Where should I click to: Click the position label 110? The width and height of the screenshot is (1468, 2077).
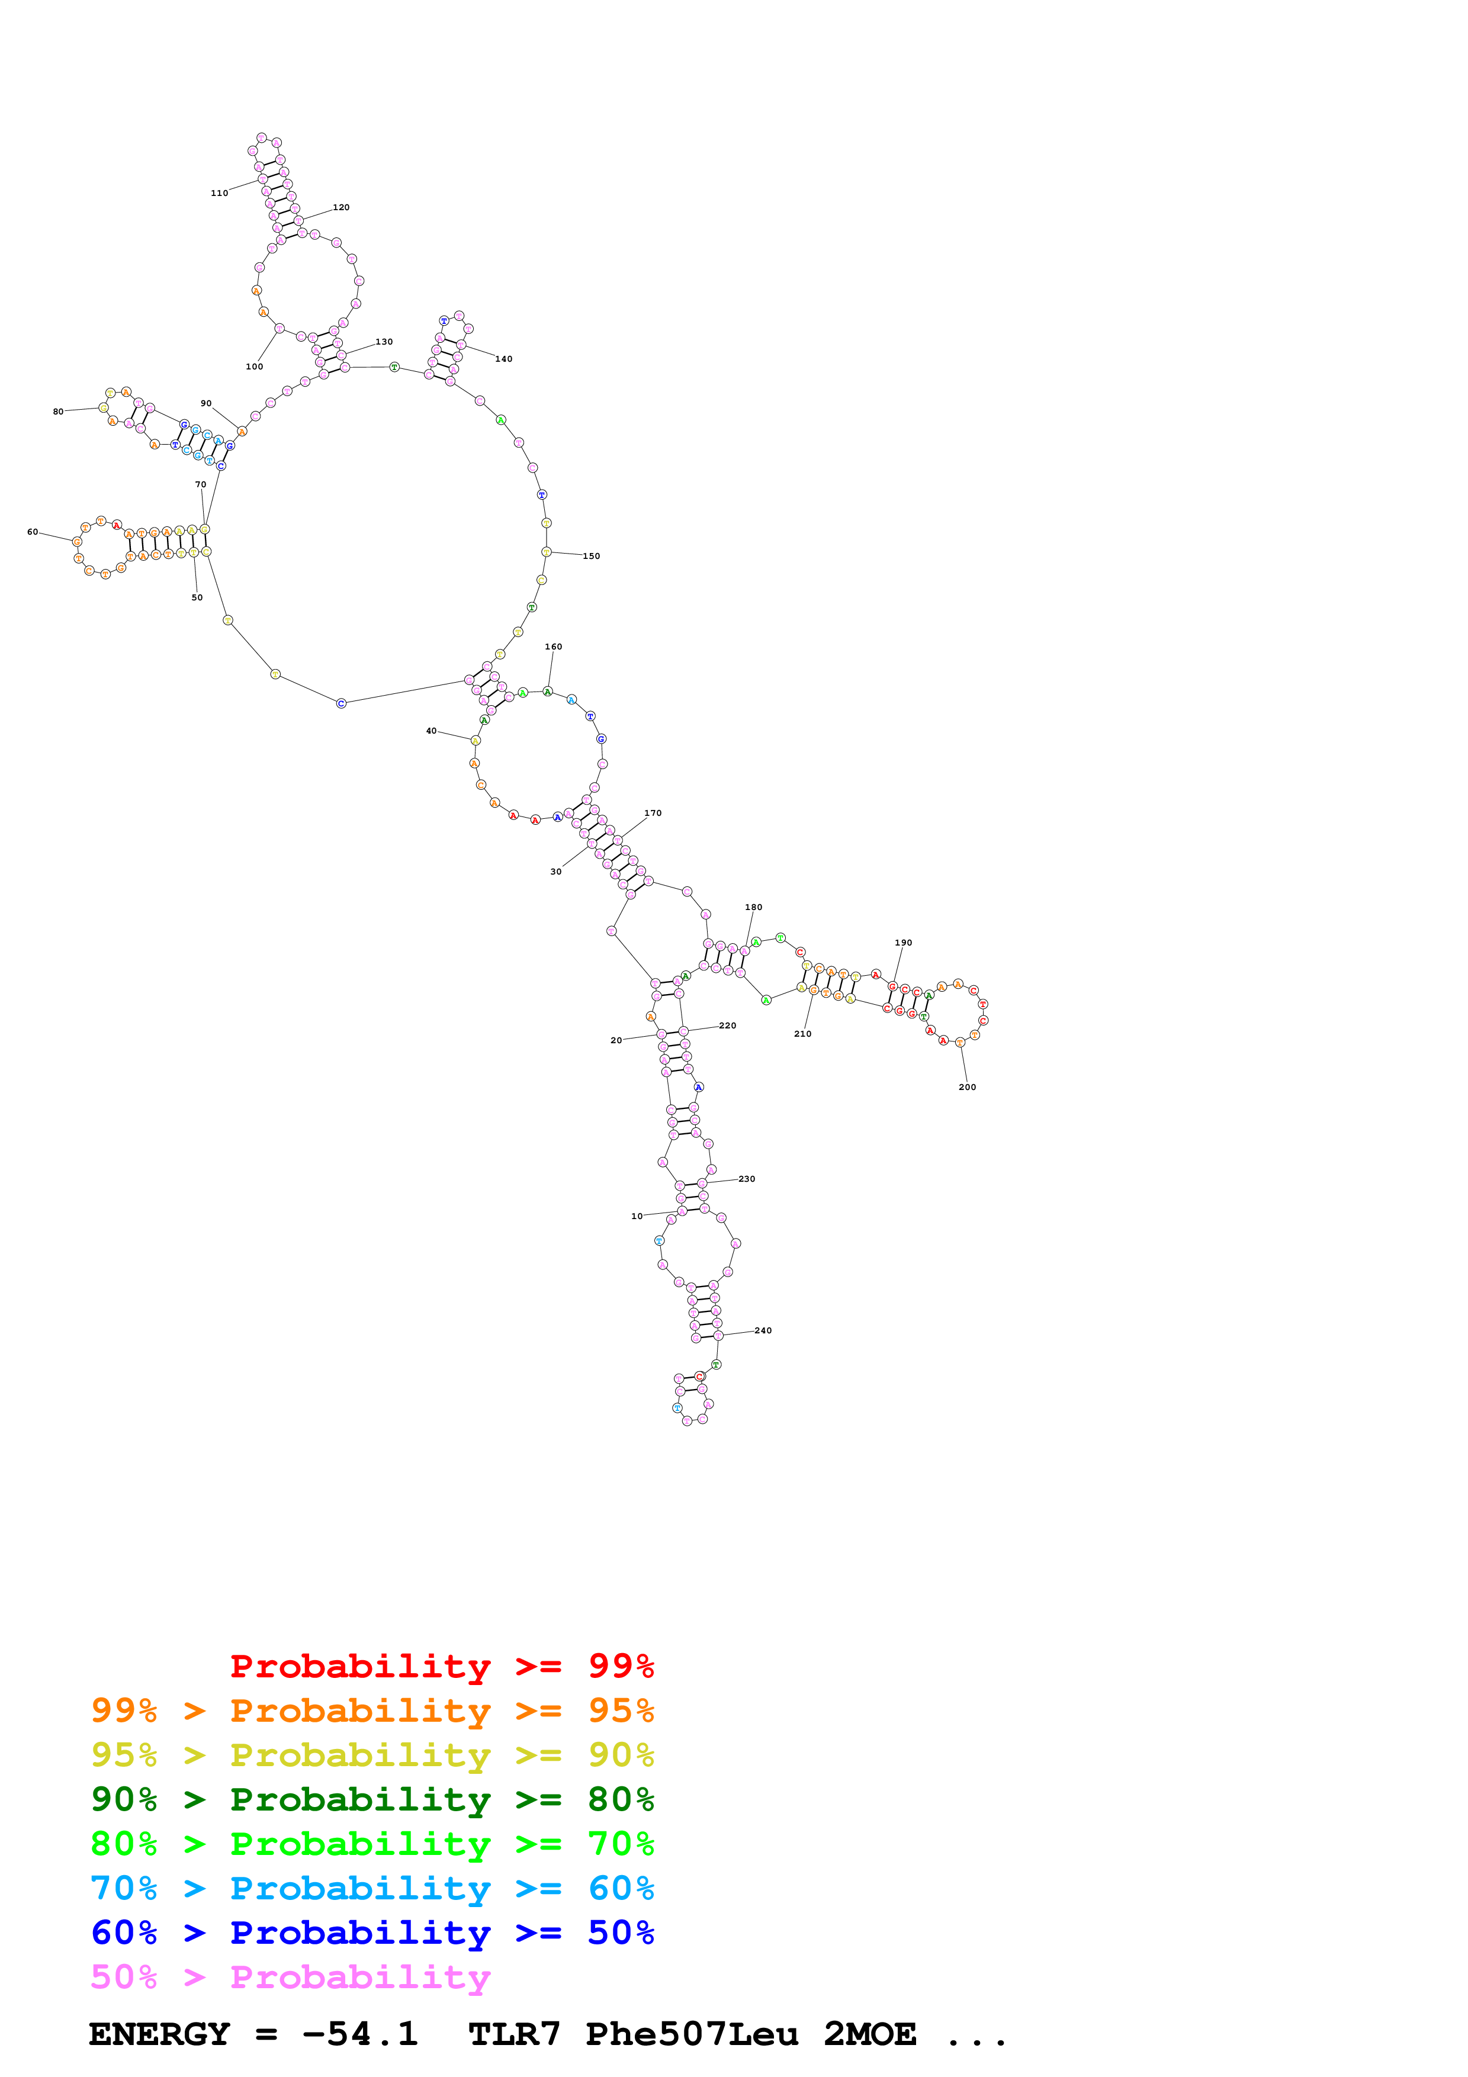[219, 192]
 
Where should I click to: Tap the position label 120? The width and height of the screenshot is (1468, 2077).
[341, 207]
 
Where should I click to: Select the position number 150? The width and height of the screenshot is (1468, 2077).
[590, 557]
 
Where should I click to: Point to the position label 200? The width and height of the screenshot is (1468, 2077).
[967, 1088]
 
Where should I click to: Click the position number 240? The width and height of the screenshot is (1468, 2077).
[763, 1331]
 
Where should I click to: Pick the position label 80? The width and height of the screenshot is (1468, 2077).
[58, 411]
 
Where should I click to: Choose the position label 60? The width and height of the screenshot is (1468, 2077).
[33, 532]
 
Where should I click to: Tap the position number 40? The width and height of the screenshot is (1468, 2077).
[432, 731]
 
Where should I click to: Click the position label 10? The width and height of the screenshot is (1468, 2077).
[637, 1217]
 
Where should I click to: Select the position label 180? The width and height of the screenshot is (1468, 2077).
[753, 907]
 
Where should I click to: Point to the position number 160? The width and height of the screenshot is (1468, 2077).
[554, 647]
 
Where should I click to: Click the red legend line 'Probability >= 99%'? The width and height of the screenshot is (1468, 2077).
[441, 1666]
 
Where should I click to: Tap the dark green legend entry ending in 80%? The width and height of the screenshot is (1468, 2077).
[372, 1799]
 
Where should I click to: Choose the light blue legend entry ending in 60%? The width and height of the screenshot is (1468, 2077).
[372, 1888]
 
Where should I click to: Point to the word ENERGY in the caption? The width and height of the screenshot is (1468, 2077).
[159, 2034]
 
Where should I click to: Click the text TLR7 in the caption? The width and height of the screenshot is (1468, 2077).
[514, 2034]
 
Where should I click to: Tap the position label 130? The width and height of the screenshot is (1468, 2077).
[384, 342]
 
